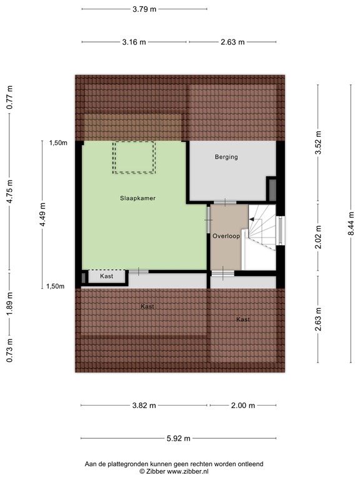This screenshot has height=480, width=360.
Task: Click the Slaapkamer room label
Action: click(138, 198)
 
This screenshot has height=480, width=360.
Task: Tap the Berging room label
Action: click(226, 157)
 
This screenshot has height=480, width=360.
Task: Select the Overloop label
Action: click(226, 236)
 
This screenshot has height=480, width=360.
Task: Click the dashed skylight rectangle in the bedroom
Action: click(134, 157)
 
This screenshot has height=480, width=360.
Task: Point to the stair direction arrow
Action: click(252, 219)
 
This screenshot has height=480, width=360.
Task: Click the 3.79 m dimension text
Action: click(144, 9)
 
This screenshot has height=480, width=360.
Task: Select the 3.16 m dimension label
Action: click(133, 42)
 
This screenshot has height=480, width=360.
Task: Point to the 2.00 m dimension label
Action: click(243, 406)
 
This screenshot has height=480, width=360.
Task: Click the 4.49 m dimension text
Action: click(42, 214)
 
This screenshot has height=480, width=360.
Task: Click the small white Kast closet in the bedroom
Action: click(106, 276)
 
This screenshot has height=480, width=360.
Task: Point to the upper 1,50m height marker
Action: click(58, 143)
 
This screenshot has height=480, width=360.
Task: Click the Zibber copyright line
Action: click(174, 471)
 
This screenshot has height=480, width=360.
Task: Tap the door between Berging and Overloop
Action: click(224, 202)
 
